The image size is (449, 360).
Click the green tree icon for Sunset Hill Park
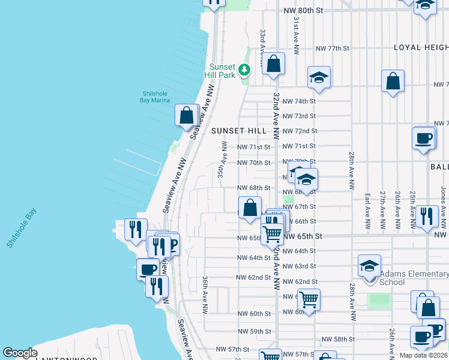point(244,70)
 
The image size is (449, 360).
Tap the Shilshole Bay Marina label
point(154,97)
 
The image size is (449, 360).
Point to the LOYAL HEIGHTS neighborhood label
point(421,47)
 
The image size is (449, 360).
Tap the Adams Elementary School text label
point(414,278)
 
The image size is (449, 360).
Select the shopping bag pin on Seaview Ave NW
point(187,115)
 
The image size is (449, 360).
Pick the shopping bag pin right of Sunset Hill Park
point(273,64)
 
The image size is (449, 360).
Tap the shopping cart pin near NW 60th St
point(309,299)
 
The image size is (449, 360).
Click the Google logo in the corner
point(20,353)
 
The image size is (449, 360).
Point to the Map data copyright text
point(423,355)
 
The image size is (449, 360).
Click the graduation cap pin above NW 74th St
point(319,77)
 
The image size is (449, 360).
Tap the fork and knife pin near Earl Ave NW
point(426,216)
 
